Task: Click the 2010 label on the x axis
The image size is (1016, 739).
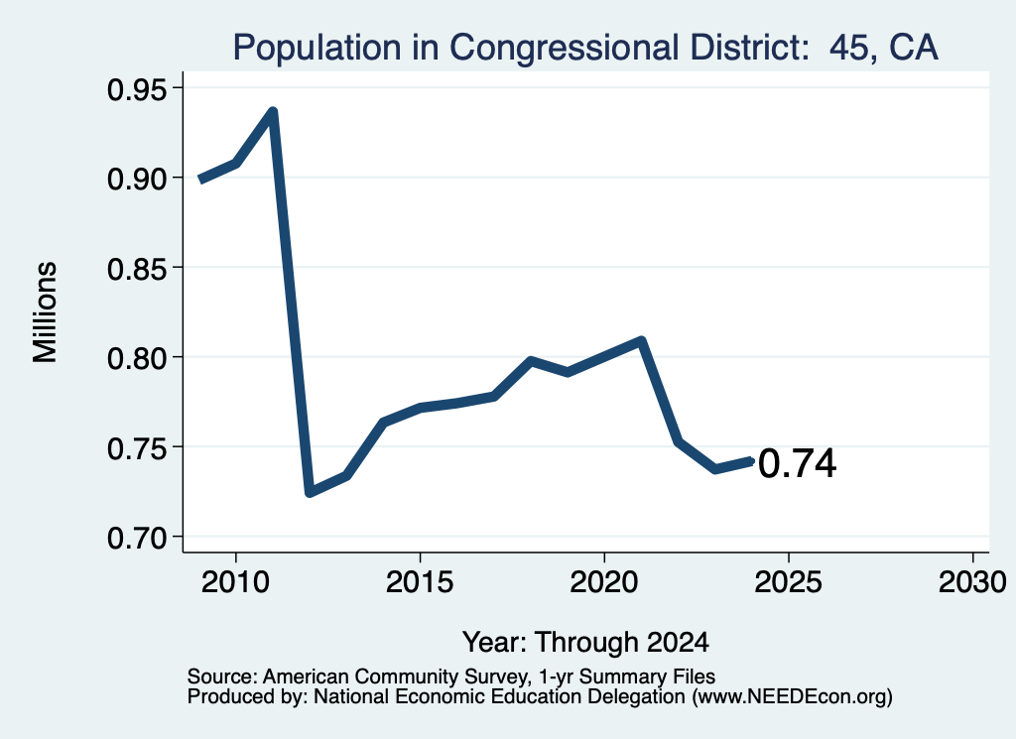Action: click(235, 582)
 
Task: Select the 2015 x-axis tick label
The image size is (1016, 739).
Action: click(420, 582)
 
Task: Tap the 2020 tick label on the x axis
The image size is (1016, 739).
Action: click(604, 582)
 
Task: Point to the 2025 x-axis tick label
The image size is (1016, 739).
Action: click(789, 582)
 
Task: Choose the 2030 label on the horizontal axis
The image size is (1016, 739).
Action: click(972, 582)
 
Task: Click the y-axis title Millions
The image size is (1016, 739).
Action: click(46, 312)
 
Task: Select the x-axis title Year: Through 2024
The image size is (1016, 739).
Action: click(585, 643)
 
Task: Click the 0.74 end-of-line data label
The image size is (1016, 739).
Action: click(798, 464)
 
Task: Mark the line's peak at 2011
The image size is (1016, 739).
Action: click(273, 112)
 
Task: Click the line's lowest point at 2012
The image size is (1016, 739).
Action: click(310, 492)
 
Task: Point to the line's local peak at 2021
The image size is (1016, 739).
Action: click(642, 340)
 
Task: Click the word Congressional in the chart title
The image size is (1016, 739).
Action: click(564, 49)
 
